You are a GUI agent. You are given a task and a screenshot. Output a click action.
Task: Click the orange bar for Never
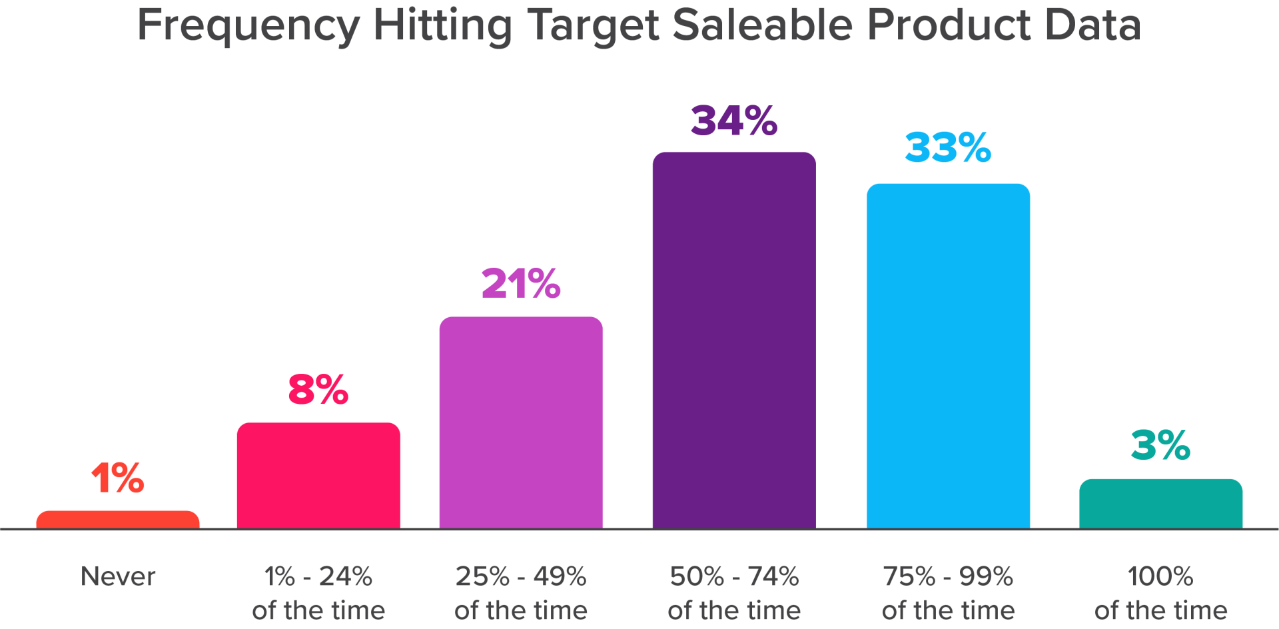[118, 520]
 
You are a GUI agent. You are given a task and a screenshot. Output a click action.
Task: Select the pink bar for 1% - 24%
[318, 476]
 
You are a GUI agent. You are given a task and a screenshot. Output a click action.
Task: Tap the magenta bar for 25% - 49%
[521, 422]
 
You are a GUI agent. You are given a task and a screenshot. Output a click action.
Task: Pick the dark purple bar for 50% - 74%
[734, 340]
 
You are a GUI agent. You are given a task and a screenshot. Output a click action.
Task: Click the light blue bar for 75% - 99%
[948, 356]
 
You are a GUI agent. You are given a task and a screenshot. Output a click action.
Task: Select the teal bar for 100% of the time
[1161, 504]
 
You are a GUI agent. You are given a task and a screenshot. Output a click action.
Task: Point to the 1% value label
[118, 478]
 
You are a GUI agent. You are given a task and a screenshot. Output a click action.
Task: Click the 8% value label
[318, 389]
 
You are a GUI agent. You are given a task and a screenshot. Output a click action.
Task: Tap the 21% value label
[521, 283]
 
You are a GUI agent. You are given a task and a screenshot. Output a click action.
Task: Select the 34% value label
[734, 120]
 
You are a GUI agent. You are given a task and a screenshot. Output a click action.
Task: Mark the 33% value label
[948, 147]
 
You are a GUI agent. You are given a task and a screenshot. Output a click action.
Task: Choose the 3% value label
[1161, 445]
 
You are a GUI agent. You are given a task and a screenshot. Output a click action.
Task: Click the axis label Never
[118, 576]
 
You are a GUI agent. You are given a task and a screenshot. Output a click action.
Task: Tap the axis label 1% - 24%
[318, 576]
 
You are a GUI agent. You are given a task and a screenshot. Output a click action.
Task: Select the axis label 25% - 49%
[521, 576]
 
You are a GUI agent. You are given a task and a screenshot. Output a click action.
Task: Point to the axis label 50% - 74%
[734, 576]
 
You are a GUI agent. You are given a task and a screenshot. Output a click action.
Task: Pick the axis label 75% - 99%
[948, 576]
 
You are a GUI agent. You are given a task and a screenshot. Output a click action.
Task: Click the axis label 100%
[1161, 576]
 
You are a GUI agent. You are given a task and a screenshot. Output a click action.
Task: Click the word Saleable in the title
[763, 25]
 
